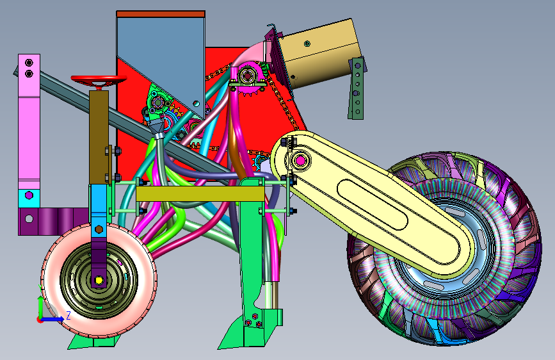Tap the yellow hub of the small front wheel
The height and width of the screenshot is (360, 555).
pos(99,281)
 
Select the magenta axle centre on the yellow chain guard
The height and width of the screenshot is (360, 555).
pos(300,161)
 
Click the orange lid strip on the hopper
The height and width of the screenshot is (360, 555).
pos(161,14)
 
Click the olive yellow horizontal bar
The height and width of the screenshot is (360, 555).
pos(200,194)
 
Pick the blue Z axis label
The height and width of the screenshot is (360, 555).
pos(68,315)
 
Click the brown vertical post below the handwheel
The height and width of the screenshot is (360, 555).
pos(99,137)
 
